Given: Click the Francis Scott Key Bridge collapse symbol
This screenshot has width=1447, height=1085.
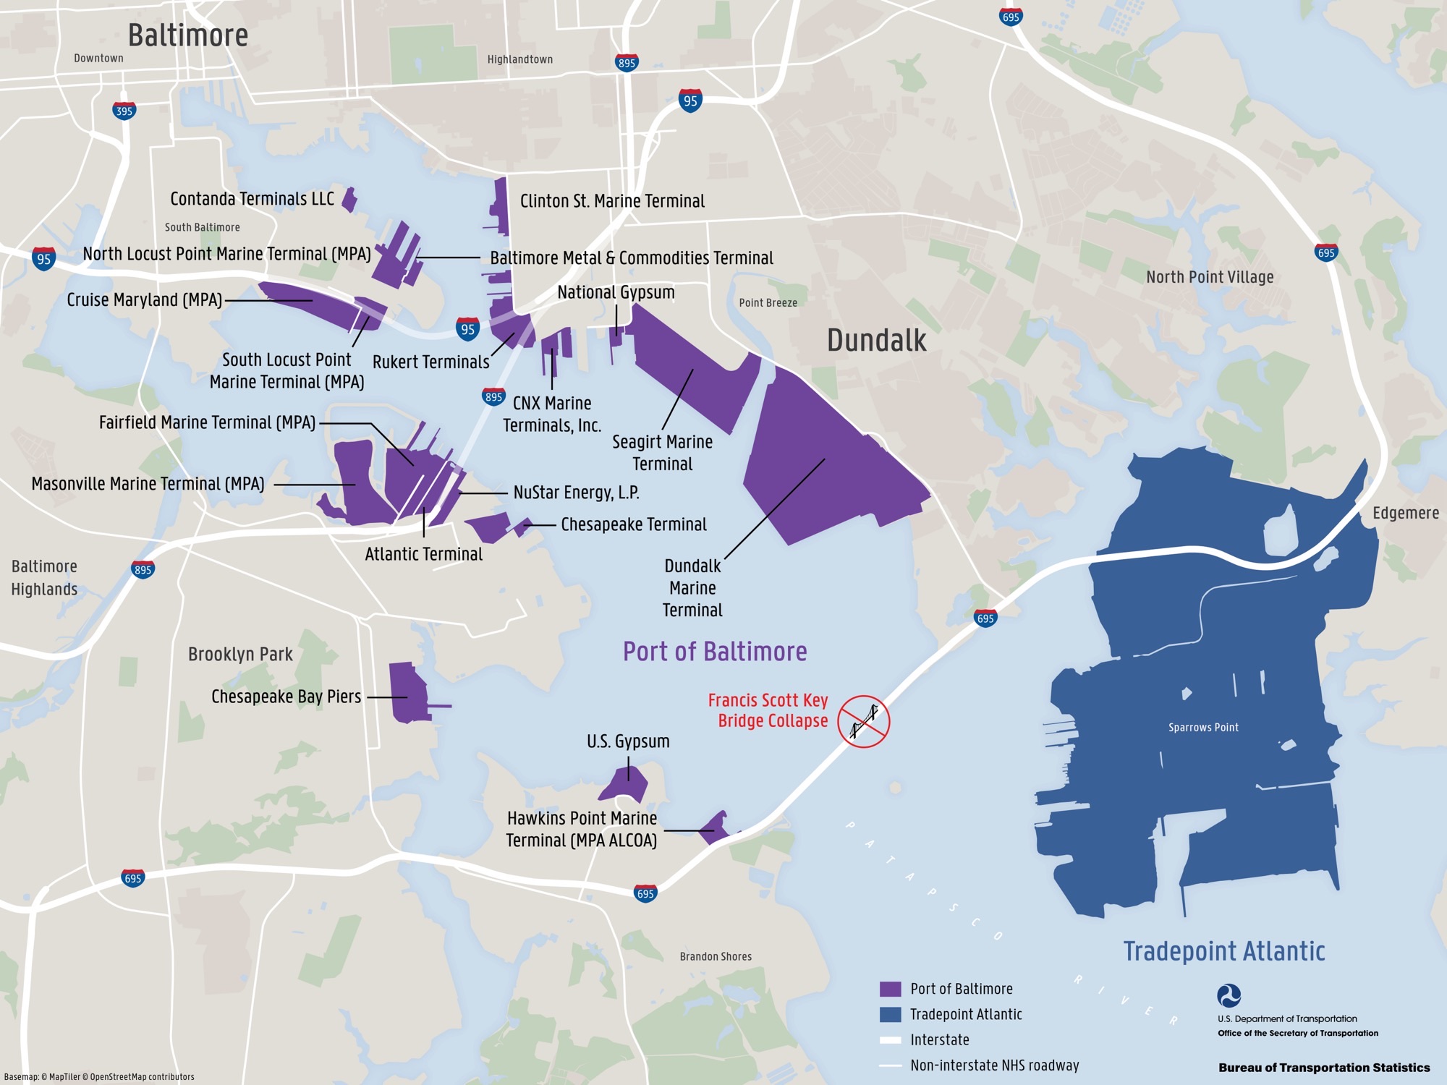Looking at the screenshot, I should [863, 721].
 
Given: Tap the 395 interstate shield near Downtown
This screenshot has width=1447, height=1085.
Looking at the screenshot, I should [124, 111].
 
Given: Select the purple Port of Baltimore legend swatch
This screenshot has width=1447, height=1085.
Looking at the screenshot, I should [890, 989].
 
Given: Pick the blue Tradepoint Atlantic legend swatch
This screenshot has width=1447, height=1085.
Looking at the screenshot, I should [890, 1014].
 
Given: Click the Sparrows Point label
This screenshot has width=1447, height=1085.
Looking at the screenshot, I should [1203, 728].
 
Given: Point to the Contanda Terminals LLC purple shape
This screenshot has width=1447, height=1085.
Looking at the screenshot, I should [349, 200].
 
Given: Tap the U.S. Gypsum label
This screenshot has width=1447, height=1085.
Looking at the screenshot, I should [628, 741].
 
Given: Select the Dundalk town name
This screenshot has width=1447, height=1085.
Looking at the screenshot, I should [876, 341].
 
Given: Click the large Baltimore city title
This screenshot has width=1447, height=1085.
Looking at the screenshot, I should [188, 35].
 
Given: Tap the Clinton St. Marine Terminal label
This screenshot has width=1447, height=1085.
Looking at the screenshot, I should [612, 201].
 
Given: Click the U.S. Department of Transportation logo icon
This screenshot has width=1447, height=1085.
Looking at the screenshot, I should [1229, 996].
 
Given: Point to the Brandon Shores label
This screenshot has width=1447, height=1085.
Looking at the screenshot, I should [716, 957].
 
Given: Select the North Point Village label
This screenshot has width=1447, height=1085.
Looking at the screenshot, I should [1210, 277].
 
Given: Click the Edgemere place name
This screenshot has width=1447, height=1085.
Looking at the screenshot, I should [1405, 513].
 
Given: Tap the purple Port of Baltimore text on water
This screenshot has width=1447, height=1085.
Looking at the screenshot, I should [715, 652].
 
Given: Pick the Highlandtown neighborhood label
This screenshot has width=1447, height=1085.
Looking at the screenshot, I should [519, 59].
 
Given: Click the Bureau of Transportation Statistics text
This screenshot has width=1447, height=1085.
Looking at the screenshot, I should [1323, 1068].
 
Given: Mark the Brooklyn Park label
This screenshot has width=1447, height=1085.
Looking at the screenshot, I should [240, 655].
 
